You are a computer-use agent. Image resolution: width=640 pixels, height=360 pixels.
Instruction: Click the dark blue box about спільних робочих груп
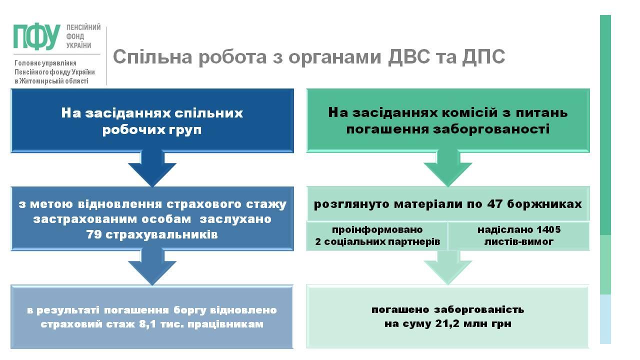(x=152, y=120)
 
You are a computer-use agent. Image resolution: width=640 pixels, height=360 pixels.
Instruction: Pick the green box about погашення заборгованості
(x=448, y=120)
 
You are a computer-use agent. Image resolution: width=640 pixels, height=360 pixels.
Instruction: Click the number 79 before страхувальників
(x=93, y=234)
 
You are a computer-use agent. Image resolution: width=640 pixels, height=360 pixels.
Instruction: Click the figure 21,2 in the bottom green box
(x=441, y=324)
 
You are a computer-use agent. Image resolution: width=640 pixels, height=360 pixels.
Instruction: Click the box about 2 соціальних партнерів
(x=377, y=236)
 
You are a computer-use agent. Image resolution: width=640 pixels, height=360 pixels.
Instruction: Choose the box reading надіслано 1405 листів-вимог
(x=518, y=236)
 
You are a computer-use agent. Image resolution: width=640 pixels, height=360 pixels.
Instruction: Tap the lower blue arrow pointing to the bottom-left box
(x=152, y=267)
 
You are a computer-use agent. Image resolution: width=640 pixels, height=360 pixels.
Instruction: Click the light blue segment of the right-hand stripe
(x=605, y=318)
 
